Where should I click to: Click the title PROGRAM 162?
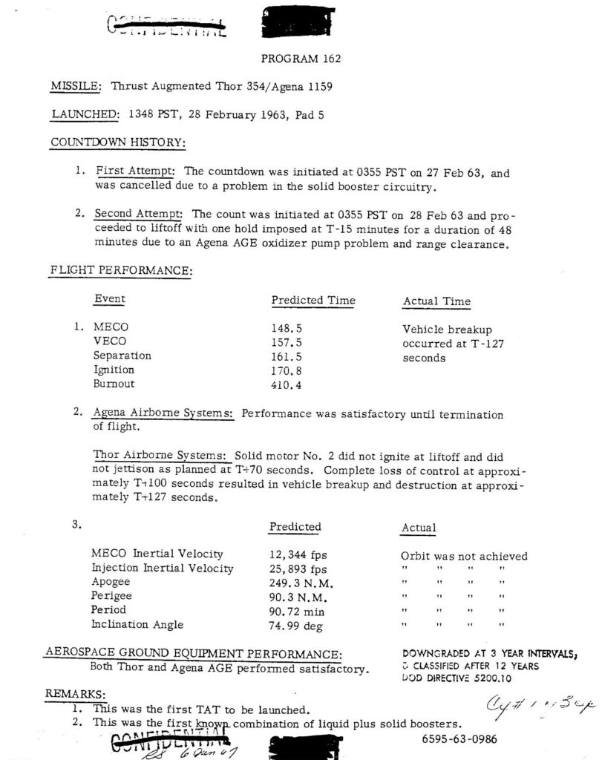pyautogui.click(x=301, y=58)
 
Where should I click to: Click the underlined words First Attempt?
pyautogui.click(x=134, y=170)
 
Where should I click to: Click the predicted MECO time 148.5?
pyautogui.click(x=287, y=327)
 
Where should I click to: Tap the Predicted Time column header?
pyautogui.click(x=313, y=301)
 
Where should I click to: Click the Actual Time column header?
pyautogui.click(x=436, y=301)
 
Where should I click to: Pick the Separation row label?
pyautogui.click(x=122, y=356)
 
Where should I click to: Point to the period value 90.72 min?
pyautogui.click(x=300, y=612)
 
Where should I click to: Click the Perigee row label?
pyautogui.click(x=111, y=597)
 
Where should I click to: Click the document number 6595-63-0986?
pyautogui.click(x=459, y=738)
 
